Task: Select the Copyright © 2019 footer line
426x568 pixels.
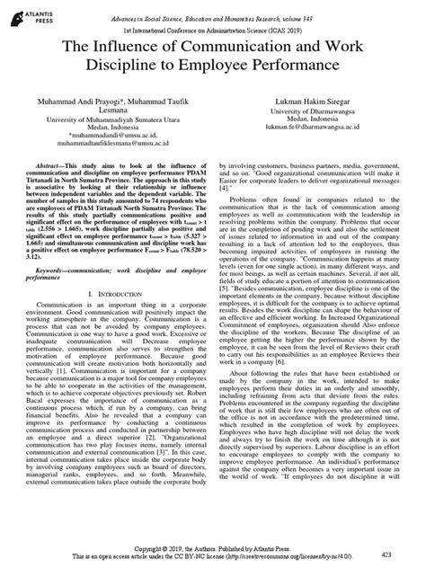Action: point(212,546)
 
